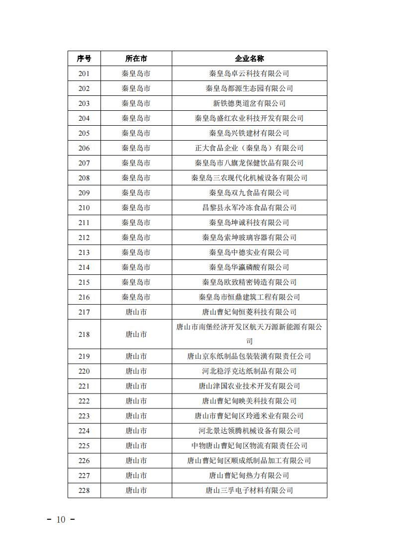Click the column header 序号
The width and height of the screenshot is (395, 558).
(x=84, y=59)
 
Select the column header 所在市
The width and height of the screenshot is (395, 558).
(x=136, y=59)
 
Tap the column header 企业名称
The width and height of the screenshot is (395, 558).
(x=249, y=59)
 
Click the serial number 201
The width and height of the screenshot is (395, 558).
(x=84, y=74)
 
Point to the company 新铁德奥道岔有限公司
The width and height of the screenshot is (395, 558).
(x=249, y=103)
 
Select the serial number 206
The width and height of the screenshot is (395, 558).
(x=84, y=148)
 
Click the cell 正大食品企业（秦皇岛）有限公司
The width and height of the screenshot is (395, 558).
(x=249, y=148)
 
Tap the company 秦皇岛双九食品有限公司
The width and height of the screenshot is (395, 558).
(x=249, y=193)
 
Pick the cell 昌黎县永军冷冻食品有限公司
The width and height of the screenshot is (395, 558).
(x=249, y=208)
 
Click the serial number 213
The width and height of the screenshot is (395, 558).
(x=84, y=252)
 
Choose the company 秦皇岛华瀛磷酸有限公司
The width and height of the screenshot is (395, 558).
(x=249, y=267)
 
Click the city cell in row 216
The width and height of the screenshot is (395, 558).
(x=136, y=297)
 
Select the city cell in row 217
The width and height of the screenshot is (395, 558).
(x=136, y=312)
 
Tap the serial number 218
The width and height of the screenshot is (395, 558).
(x=84, y=334)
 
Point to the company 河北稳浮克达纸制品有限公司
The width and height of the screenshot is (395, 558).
(x=249, y=371)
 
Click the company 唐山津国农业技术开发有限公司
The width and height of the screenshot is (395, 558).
(x=249, y=386)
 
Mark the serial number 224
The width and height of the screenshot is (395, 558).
(x=84, y=431)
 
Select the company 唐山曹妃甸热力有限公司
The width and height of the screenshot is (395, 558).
(x=249, y=476)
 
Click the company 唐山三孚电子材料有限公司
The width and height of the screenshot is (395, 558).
(x=249, y=490)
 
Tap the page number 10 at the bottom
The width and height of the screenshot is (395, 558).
(x=61, y=520)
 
